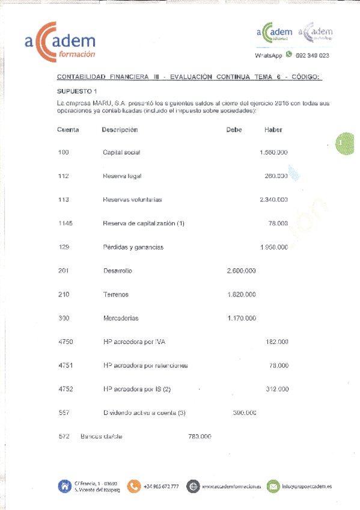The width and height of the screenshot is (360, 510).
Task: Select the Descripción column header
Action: point(120,130)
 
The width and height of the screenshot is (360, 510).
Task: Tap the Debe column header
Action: point(234,130)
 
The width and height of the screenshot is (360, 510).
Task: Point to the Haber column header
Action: point(273,130)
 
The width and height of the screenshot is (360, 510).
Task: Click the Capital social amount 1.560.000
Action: point(273,153)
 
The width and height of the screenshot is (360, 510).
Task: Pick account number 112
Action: point(63,176)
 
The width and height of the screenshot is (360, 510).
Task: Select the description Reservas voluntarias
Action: point(132,200)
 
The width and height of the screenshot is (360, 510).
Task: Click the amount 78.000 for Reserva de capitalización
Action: point(278,223)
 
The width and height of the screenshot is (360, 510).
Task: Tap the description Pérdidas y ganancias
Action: point(133,247)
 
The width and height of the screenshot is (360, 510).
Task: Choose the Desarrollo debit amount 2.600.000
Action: point(242,271)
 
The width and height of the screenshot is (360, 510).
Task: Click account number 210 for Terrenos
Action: point(64,295)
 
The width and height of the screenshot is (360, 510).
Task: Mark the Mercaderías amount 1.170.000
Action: point(242,318)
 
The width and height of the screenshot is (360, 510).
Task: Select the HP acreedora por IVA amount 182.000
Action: point(276,342)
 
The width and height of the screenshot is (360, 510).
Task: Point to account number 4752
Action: point(66,389)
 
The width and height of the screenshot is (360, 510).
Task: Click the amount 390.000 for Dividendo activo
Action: point(245,413)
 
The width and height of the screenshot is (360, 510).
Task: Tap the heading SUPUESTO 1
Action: point(77,91)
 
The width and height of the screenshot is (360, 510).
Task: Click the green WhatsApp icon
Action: point(289,54)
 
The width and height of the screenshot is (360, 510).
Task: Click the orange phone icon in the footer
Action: point(134,486)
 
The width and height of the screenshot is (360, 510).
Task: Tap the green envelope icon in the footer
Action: point(273,486)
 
